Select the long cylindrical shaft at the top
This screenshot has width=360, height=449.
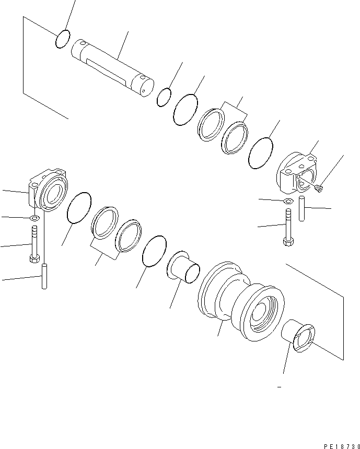pyautogui.click(x=112, y=66)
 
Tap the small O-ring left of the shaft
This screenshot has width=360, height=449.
pyautogui.click(x=62, y=39)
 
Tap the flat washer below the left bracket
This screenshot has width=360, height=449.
pyautogui.click(x=34, y=218)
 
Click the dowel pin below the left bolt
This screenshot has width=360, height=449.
pyautogui.click(x=44, y=277)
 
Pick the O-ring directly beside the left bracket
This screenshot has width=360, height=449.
pyautogui.click(x=79, y=207)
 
